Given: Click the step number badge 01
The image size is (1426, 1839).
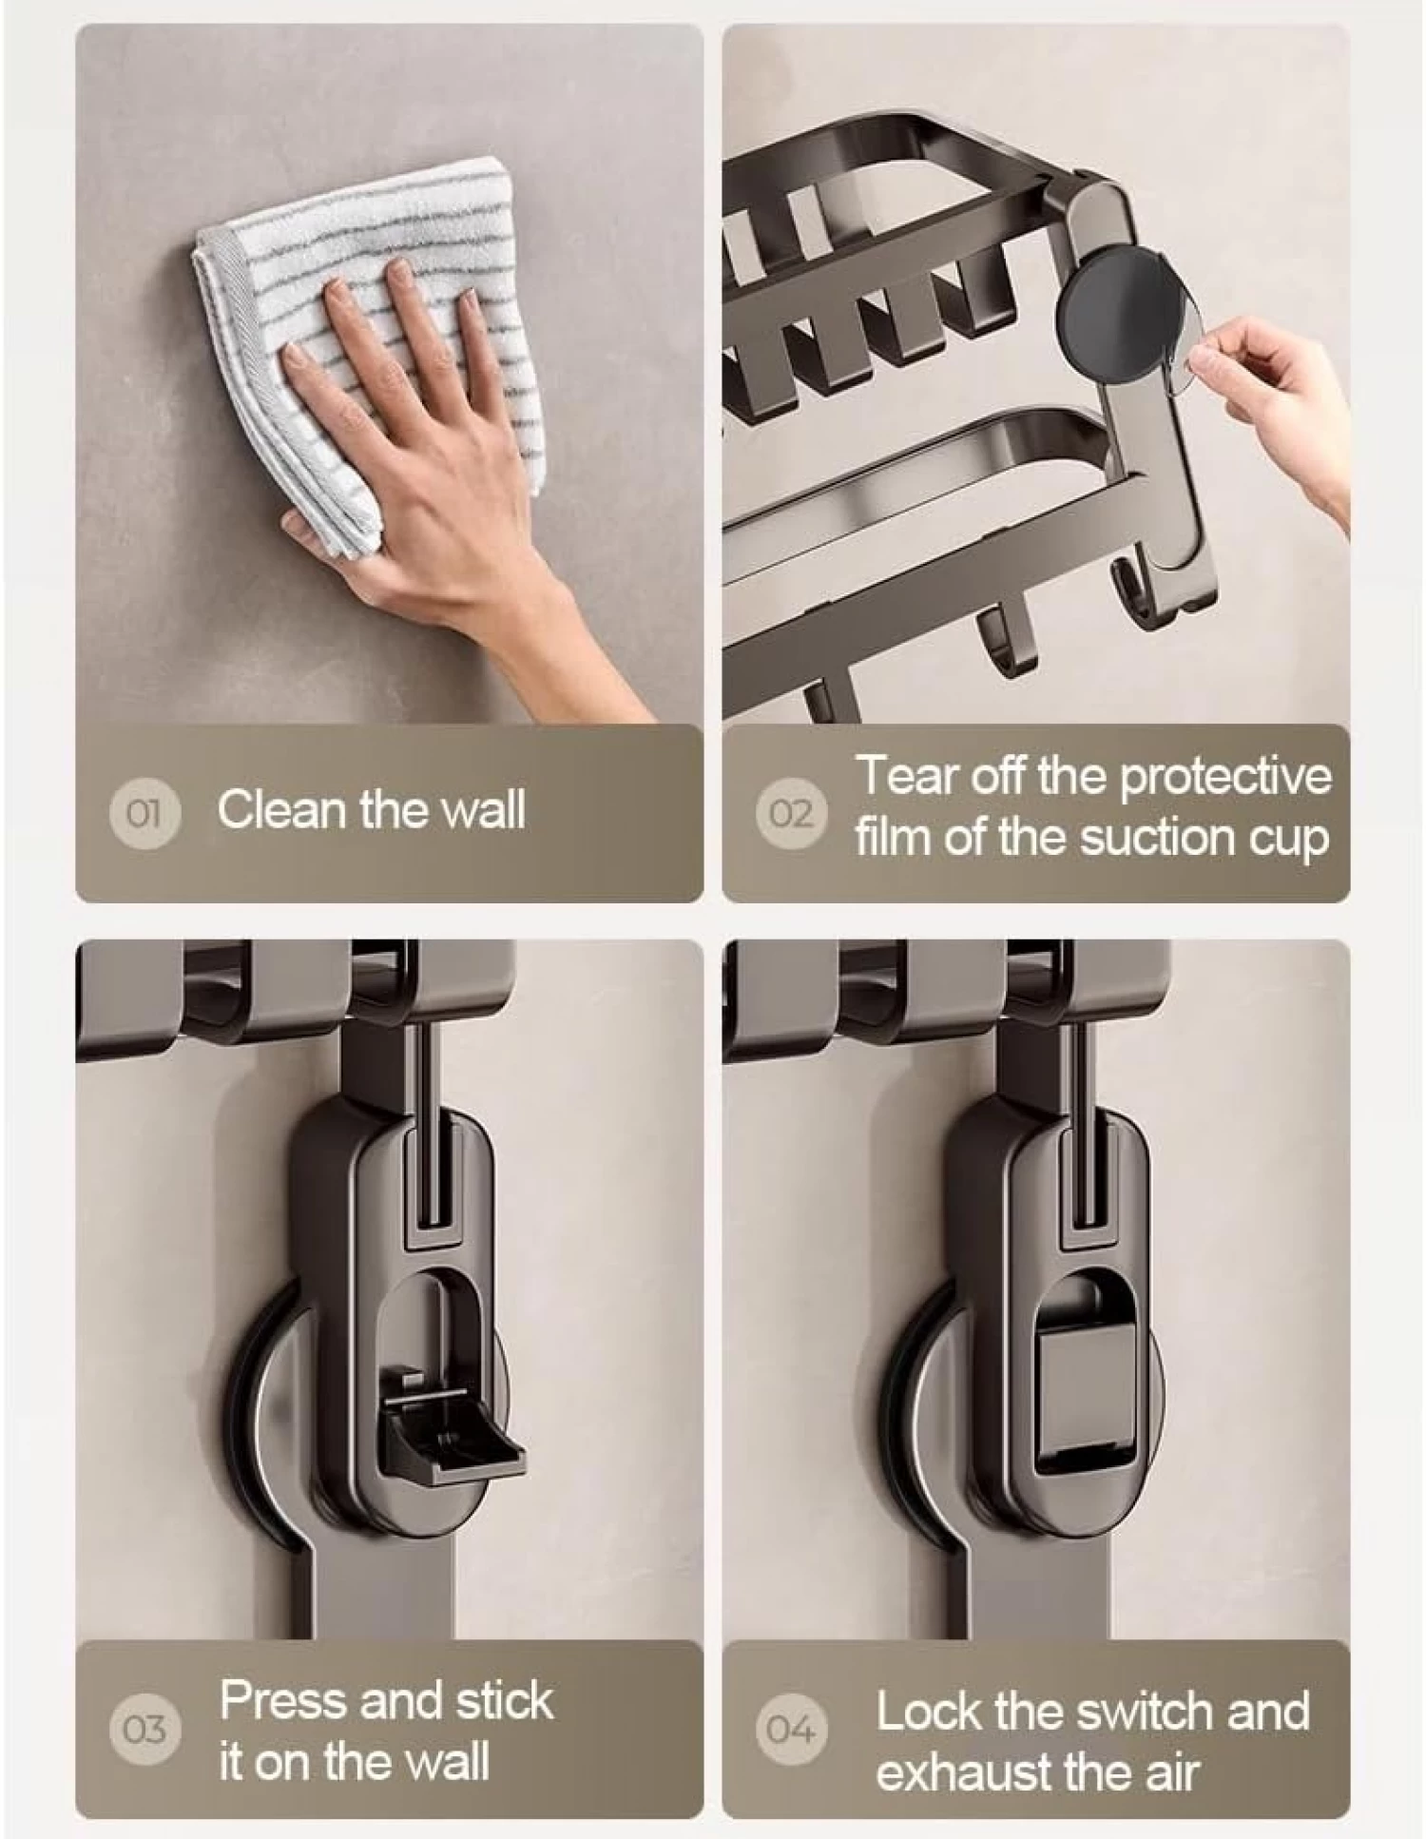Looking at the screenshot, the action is [x=145, y=814].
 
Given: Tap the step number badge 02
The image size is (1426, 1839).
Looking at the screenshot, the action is [x=791, y=814].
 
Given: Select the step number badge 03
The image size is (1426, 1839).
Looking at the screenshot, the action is [x=145, y=1729].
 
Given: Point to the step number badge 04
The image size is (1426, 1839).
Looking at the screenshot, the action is [x=791, y=1729].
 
